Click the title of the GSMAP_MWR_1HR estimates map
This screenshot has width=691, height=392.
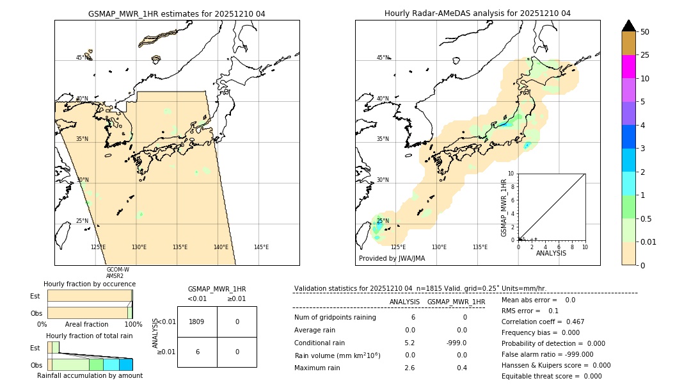tap(177, 13)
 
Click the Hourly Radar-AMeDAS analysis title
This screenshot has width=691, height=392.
tap(477, 13)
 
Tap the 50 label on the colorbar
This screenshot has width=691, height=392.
tap(645, 32)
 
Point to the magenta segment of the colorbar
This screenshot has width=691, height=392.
tap(628, 67)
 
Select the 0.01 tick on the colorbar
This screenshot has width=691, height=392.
tap(648, 241)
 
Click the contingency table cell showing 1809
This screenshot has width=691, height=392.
tap(196, 322)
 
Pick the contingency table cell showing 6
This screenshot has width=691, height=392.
tap(196, 352)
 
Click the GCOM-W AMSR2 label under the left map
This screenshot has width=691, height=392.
tap(118, 273)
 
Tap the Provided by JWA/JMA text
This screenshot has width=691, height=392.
tap(392, 258)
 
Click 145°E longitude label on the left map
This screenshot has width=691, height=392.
tap(261, 247)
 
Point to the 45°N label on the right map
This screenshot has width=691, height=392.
tap(383, 58)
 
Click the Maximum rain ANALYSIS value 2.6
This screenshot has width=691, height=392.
tap(409, 368)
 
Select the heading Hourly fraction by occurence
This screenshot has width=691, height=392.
tap(90, 284)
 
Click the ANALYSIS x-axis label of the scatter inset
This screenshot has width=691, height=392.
tap(552, 253)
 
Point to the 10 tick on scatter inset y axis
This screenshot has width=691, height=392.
tap(511, 173)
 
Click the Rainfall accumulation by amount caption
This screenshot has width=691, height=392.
tap(90, 375)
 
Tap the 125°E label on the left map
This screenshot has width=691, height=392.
tap(98, 247)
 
